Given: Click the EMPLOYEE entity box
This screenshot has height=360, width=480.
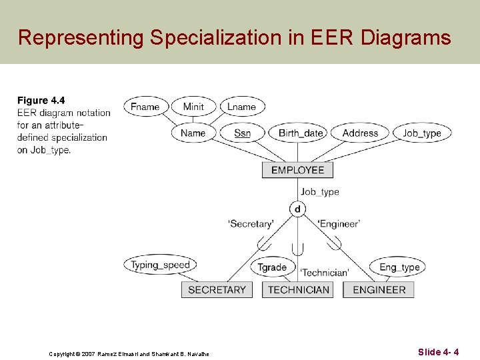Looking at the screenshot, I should point(297,170).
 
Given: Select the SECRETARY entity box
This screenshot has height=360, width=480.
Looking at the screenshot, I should point(217,289).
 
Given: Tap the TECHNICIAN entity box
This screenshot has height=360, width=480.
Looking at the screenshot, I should point(298,289).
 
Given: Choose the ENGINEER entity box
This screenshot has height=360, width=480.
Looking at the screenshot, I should point(379,289).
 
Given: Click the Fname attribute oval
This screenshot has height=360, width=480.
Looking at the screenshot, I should point(145,107).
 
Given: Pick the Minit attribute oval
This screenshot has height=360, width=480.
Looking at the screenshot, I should point(193,107).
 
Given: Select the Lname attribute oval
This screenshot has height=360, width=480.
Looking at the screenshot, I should point(241,107).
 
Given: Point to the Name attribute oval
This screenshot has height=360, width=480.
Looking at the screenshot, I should point(193,133).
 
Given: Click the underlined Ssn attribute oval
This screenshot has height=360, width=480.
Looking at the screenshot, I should point(242,133).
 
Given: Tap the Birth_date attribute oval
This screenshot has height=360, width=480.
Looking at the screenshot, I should point(301,133).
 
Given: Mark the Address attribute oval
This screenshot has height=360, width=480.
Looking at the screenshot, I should point(360,133).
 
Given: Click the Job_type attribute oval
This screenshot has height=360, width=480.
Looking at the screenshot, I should point(422,133).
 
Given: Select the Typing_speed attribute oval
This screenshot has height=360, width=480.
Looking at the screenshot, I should point(160,265).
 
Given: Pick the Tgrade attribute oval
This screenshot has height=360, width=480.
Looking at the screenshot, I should point(272,267).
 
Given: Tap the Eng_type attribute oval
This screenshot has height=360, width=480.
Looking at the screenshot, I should point(399,267).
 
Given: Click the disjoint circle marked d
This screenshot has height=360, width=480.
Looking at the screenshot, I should point(297,209).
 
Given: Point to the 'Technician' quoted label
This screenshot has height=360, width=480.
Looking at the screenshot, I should point(324,272).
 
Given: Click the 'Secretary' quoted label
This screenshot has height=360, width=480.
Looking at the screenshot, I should point(251,224).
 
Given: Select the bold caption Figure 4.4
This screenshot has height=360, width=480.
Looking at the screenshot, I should point(41,101).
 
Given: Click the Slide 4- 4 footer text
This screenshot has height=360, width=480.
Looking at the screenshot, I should point(438,351).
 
